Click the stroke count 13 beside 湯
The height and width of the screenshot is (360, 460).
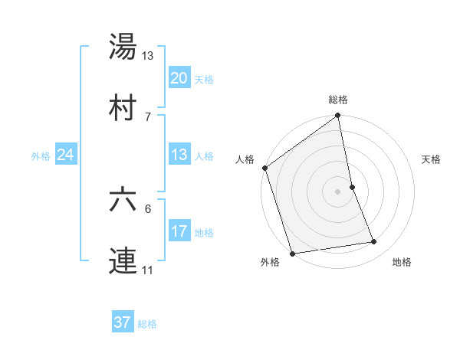[x=148, y=55]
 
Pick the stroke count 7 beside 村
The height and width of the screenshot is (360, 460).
[x=148, y=116]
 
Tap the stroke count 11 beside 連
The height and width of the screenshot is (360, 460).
[x=148, y=271]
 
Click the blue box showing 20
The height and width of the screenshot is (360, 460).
[x=179, y=77]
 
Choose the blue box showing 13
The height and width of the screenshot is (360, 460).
[x=179, y=155]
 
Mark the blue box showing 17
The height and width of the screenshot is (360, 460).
[x=179, y=231]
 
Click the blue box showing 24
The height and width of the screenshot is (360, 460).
[x=66, y=155]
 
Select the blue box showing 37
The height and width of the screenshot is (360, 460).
[x=123, y=322]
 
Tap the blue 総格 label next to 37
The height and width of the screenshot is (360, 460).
[x=147, y=324]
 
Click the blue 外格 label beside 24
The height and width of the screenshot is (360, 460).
[x=41, y=156]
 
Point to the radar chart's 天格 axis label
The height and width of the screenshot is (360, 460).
[x=431, y=159]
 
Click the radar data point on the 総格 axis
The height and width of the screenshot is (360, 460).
[x=337, y=116]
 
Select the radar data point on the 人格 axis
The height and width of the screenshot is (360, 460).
[x=265, y=168]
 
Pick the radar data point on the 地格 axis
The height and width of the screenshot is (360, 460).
[x=374, y=242]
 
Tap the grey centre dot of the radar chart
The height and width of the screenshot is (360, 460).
[x=337, y=191]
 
